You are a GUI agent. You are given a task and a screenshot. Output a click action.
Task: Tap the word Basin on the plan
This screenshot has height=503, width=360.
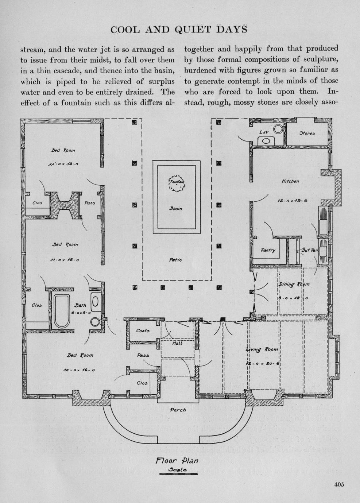coord(176,209)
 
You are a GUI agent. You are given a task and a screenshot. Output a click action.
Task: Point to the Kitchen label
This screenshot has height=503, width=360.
coord(291,181)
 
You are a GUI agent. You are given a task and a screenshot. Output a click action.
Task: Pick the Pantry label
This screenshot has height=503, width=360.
coord(268,251)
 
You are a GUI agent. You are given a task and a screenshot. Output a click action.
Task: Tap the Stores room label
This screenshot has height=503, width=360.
coord(307,134)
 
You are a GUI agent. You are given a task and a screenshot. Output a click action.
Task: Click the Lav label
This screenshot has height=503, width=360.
coord(264,132)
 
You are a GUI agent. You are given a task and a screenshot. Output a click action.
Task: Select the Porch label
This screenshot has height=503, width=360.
coord(178,410)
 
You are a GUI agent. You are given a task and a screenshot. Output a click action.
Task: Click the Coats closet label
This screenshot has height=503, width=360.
coord(143,330)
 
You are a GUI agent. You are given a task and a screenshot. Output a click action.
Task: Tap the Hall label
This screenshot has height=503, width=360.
coord(177,343)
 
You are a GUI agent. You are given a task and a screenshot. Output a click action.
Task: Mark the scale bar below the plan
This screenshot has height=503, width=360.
coord(178,474)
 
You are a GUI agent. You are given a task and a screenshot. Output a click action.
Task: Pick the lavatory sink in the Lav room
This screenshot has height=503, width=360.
coord(266,141)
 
